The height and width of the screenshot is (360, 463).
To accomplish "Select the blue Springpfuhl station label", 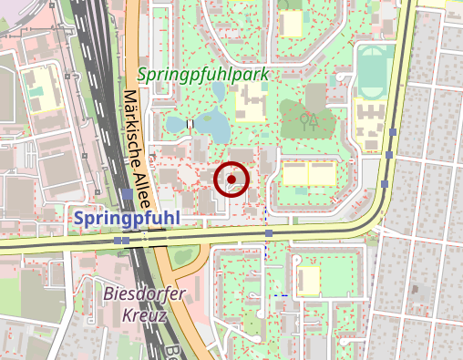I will pyautogui.click(x=127, y=219).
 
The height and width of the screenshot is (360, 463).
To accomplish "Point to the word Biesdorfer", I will pyautogui.click(x=145, y=293).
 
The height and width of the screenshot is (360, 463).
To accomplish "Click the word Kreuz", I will pyautogui.click(x=143, y=316).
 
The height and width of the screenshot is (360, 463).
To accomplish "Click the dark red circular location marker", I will pyautogui.click(x=231, y=180).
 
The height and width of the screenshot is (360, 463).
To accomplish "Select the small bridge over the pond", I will pyautogui.click(x=190, y=123).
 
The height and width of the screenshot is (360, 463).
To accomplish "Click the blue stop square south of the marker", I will pyautogui.click(x=269, y=234).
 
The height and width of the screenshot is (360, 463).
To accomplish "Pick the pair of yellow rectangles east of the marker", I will pyautogui.click(x=308, y=173).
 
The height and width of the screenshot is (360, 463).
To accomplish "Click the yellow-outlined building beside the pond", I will pyautogui.click(x=246, y=105).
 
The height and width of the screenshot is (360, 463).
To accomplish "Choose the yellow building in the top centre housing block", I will pyautogui.click(x=292, y=23).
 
